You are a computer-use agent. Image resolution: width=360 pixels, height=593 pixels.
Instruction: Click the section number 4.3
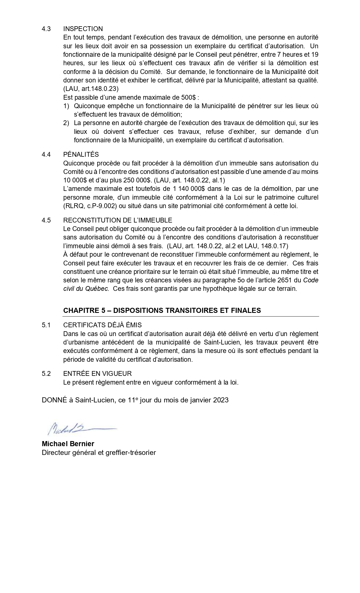pyautogui.click(x=46, y=29)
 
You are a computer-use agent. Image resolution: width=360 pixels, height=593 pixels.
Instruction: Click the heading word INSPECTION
pyautogui.click(x=83, y=29)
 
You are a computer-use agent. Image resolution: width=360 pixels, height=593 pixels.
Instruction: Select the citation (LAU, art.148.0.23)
pyautogui.click(x=91, y=89)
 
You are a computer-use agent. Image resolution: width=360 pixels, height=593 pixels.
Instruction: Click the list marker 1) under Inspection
pyautogui.click(x=66, y=106)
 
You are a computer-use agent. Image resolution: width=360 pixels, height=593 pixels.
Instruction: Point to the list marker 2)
pyautogui.click(x=66, y=123)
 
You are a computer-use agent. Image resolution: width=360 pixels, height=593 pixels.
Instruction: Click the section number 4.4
pyautogui.click(x=46, y=154)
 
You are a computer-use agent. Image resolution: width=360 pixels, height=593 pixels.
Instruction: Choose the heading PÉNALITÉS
pyautogui.click(x=81, y=154)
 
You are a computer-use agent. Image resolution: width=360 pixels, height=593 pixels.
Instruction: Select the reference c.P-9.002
pyautogui.click(x=102, y=206)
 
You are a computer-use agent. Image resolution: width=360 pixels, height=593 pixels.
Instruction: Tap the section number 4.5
pyautogui.click(x=46, y=220)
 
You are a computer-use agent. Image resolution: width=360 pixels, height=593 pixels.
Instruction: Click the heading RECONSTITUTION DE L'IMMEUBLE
pyautogui.click(x=117, y=220)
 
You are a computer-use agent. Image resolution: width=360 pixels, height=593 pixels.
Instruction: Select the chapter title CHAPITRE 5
pyautogui.click(x=84, y=310)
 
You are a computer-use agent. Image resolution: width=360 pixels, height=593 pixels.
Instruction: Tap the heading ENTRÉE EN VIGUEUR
pyautogui.click(x=97, y=374)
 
